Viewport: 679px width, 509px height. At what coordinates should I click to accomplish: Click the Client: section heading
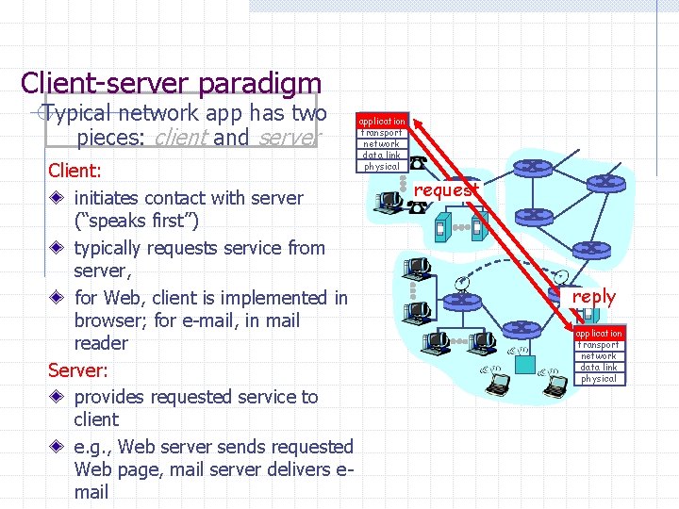point(75,172)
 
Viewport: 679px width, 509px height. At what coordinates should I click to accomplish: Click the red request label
point(446,189)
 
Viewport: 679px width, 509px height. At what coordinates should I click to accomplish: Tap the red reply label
point(593,296)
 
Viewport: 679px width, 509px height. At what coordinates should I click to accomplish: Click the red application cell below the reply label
point(599,334)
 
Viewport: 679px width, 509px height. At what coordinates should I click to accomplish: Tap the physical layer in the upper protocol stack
point(382,167)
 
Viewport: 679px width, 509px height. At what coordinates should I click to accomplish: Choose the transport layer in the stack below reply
point(599,345)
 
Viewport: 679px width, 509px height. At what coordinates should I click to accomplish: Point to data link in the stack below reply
point(599,368)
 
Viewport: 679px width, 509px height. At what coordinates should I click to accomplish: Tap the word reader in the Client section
point(100,343)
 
